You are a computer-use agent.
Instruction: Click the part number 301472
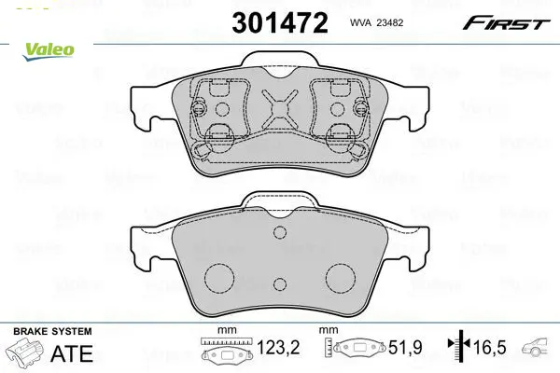(280, 22)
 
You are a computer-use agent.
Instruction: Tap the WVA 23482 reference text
(376, 22)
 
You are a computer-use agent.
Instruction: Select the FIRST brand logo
(507, 23)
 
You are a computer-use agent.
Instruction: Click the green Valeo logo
(49, 51)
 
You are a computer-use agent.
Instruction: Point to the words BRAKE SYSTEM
(52, 331)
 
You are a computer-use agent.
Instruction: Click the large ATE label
(72, 353)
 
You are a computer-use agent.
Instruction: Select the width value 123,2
(278, 347)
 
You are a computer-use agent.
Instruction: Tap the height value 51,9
(405, 347)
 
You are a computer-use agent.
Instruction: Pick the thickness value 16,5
(490, 347)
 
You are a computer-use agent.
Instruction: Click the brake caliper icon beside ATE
(24, 352)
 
